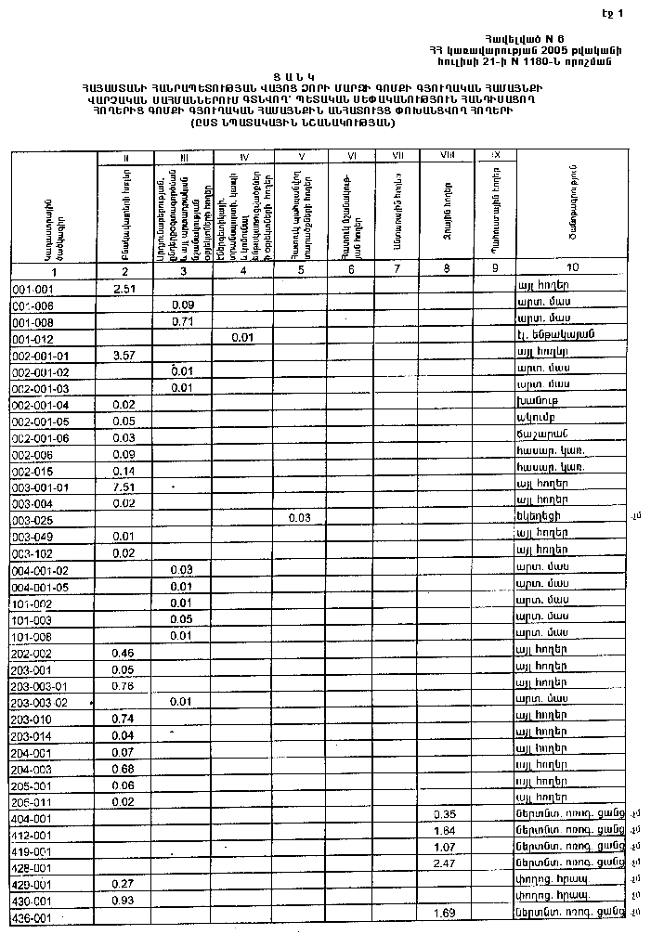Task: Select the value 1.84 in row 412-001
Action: coord(445,830)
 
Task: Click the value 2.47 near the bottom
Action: coord(445,864)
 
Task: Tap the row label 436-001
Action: coord(32,917)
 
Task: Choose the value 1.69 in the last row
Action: coord(445,914)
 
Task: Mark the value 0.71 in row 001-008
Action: coord(183,322)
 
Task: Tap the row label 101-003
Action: coord(32,620)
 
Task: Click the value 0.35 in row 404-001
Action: coord(445,814)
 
